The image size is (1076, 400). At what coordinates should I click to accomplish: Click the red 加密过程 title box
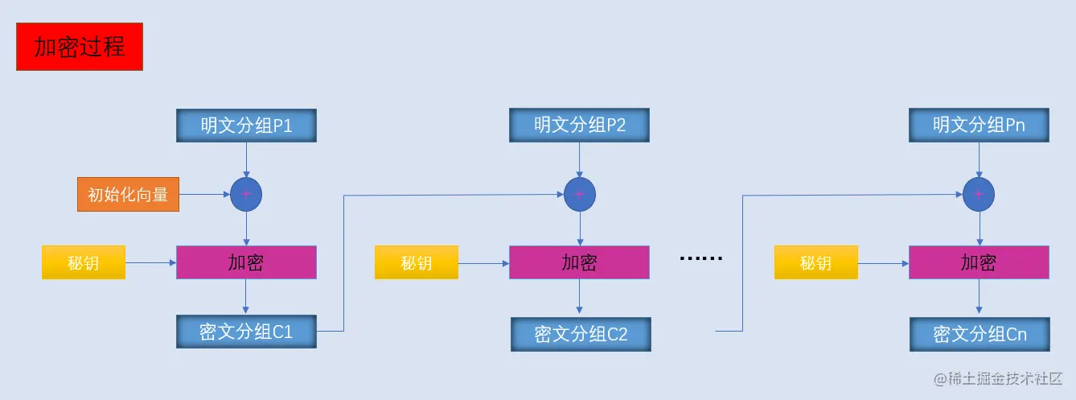80,47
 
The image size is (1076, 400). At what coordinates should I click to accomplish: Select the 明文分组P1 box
246,126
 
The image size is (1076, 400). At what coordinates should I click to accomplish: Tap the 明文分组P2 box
579,126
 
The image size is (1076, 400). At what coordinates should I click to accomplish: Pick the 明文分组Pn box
979,126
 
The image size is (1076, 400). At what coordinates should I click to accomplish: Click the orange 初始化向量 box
128,194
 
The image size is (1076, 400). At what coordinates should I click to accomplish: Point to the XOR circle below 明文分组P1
246,194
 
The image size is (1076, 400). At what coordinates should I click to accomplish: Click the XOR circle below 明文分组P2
579,194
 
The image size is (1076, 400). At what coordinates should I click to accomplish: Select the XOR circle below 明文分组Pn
979,194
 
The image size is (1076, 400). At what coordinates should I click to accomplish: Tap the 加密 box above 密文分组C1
246,262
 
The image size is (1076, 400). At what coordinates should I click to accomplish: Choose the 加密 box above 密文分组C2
579,262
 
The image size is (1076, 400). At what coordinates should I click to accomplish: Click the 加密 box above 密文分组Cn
979,262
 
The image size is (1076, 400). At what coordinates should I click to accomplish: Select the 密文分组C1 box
246,332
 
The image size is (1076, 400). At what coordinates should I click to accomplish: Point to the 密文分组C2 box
581,334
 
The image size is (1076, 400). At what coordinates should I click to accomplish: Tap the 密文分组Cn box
979,334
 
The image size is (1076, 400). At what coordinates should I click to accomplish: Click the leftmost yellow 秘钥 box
84,262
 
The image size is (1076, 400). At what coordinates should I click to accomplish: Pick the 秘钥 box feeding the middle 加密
417,262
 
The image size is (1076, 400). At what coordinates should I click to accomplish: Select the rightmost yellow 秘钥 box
815,262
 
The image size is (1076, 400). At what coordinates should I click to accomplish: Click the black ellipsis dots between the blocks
701,259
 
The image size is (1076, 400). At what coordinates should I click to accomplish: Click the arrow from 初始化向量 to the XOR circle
204,194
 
